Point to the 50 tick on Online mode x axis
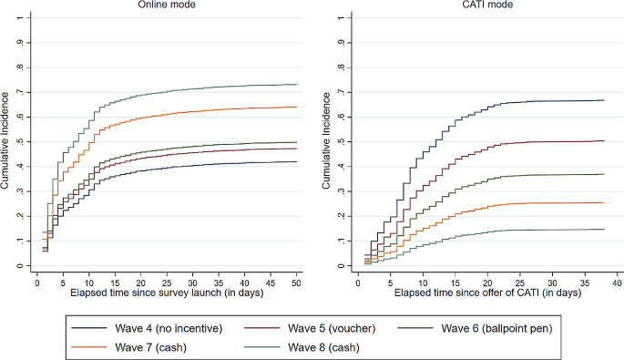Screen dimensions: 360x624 (296, 283)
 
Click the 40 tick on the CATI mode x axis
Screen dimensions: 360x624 (617, 283)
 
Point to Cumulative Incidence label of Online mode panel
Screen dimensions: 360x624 (6, 141)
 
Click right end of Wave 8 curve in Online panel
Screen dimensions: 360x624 (296, 85)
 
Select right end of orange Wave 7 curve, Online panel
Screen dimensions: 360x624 (296, 108)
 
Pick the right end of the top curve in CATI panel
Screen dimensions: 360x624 (604, 100)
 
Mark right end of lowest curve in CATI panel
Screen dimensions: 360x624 (604, 230)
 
